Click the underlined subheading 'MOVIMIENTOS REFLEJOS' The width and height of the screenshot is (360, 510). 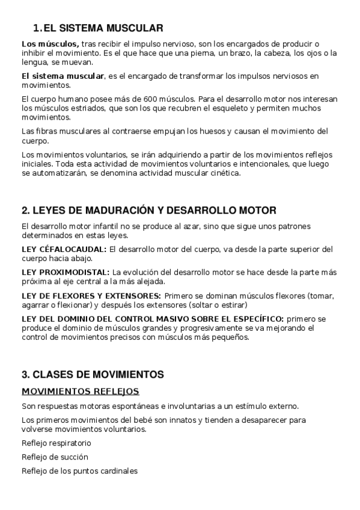(80, 391)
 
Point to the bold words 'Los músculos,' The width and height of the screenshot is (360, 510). (50, 44)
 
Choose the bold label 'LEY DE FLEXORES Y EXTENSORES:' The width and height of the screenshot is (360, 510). (91, 295)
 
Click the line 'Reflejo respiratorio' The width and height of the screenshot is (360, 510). (56, 443)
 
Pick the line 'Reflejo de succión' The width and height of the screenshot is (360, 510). (54, 457)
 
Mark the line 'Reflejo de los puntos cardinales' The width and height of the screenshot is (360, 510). (79, 471)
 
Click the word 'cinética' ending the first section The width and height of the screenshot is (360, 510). (224, 173)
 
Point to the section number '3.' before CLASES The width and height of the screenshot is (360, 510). (25, 374)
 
